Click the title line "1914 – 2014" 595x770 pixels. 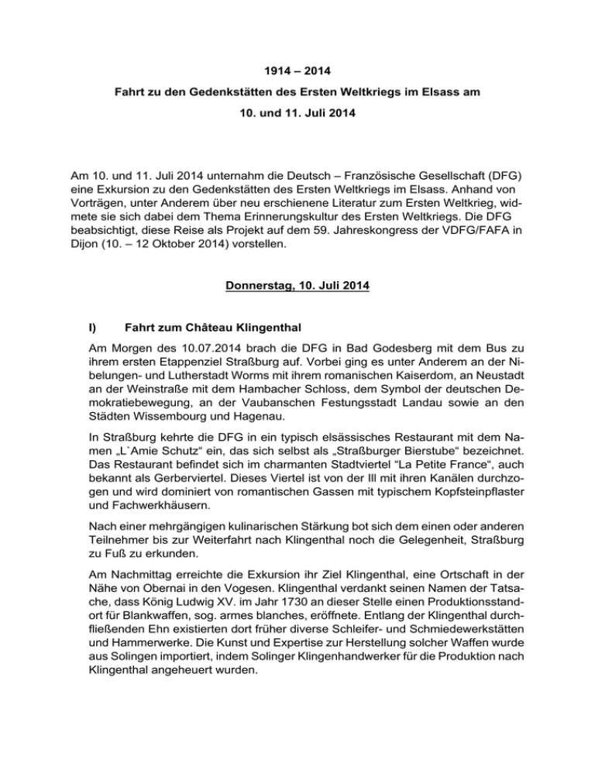point(297,74)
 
